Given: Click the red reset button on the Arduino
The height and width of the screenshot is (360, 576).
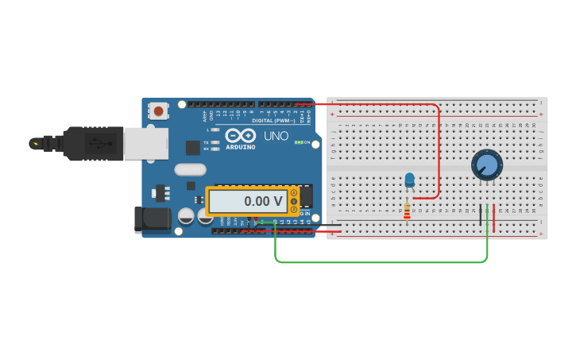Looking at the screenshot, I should tap(159, 110).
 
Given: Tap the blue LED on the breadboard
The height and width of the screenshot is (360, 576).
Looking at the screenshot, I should tap(410, 180).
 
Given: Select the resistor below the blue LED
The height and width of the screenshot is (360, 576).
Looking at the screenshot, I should tap(408, 211).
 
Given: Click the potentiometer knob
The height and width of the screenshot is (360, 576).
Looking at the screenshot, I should tap(486, 165).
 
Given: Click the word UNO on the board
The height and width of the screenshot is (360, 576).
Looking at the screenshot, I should tap(276, 136).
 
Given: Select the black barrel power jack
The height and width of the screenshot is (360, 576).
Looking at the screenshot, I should tap(152, 219).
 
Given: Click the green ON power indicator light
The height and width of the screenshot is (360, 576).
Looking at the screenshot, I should tap(297, 142).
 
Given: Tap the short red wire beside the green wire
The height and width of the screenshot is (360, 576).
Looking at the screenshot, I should tap(494, 219).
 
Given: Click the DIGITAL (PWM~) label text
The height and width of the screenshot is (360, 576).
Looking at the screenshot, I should tap(274, 120).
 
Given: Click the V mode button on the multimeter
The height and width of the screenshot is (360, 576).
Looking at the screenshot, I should tap(294, 201).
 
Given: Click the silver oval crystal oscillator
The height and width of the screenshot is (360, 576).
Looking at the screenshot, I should tap(190, 168).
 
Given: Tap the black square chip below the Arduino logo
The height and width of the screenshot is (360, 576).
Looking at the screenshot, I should tap(193, 147).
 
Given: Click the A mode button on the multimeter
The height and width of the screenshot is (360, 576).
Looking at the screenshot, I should tap(294, 193).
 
